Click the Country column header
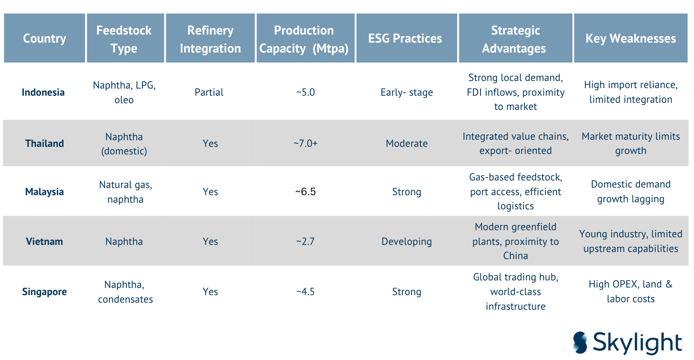(x=44, y=38)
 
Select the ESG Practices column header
(x=405, y=38)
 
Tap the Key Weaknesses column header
(x=631, y=38)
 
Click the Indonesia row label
(x=43, y=92)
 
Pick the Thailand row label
(x=44, y=143)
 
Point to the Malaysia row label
(x=44, y=192)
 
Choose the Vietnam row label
(x=44, y=241)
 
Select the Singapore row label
(x=44, y=291)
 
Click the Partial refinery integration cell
(x=209, y=92)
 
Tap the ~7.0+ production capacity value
(x=305, y=143)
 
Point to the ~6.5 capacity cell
(x=305, y=192)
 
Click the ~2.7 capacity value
(x=305, y=241)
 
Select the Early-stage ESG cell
(x=407, y=92)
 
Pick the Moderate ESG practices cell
(x=407, y=143)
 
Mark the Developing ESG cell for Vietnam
(x=407, y=241)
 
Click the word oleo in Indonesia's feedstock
(x=124, y=100)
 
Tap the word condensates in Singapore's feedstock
(x=125, y=299)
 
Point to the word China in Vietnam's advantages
(x=516, y=255)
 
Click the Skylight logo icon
(x=580, y=342)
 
